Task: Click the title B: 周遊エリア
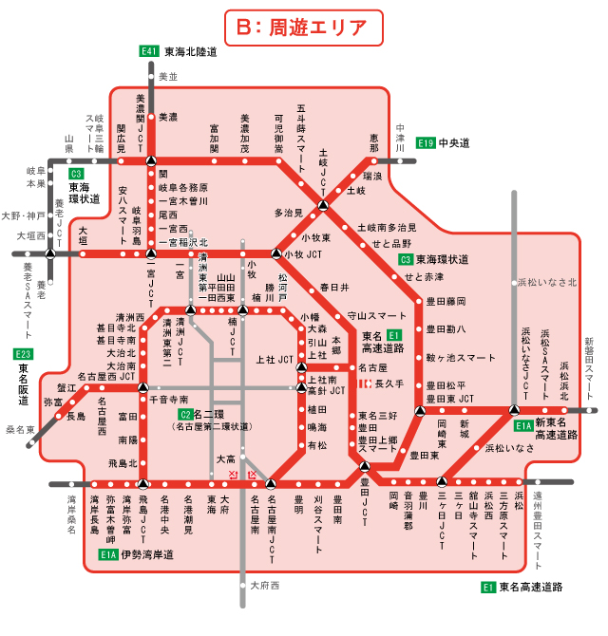304,26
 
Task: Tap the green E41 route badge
148,51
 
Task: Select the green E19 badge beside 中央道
425,143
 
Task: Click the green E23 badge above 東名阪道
23,354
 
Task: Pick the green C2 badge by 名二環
185,415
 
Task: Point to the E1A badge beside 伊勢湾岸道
108,554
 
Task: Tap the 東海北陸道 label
192,51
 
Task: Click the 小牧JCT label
304,253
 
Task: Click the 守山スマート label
377,314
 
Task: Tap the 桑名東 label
20,429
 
